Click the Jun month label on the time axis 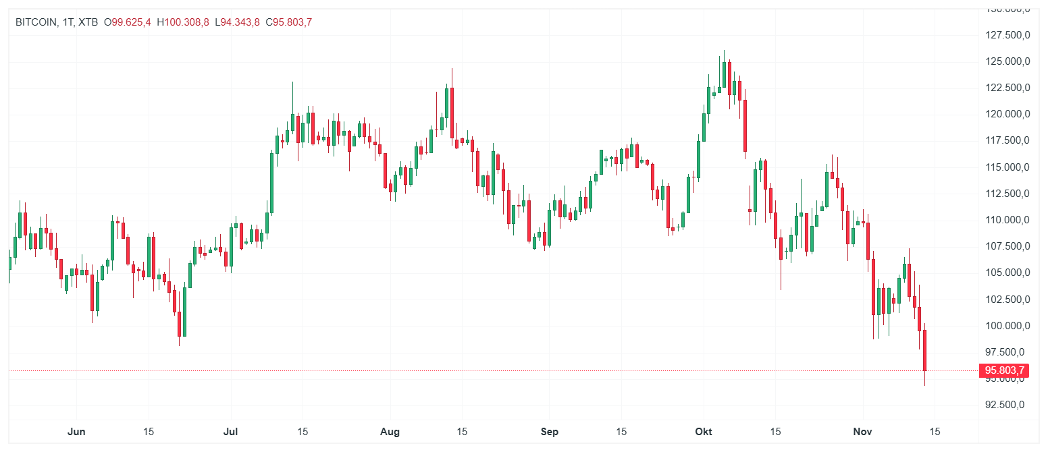point(77,432)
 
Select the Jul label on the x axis point(231,432)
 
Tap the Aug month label point(390,432)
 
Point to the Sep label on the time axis point(550,432)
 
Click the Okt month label point(704,432)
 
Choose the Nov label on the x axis point(862,432)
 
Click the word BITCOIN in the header point(36,22)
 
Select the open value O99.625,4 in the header point(127,22)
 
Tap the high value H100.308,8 point(182,22)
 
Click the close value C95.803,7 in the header point(288,22)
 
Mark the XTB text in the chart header point(88,22)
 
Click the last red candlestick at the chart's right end point(924,350)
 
